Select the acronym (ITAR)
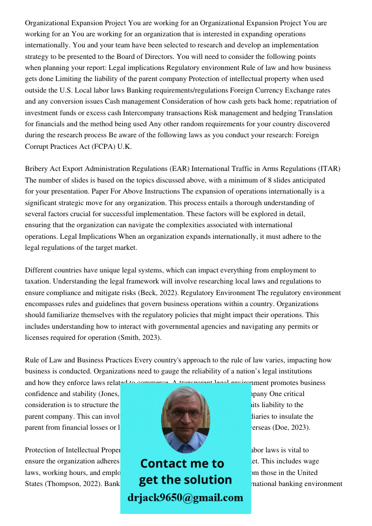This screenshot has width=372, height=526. (329, 169)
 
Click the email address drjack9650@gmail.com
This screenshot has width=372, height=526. (185, 498)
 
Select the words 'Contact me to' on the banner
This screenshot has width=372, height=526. (182, 463)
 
